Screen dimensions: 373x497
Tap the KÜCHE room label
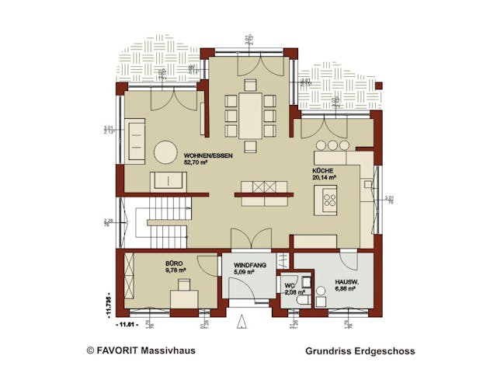click(322, 169)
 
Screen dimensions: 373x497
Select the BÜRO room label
click(173, 263)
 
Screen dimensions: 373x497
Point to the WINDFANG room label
click(250, 265)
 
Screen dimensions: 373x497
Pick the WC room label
click(290, 285)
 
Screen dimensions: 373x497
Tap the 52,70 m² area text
click(197, 164)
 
